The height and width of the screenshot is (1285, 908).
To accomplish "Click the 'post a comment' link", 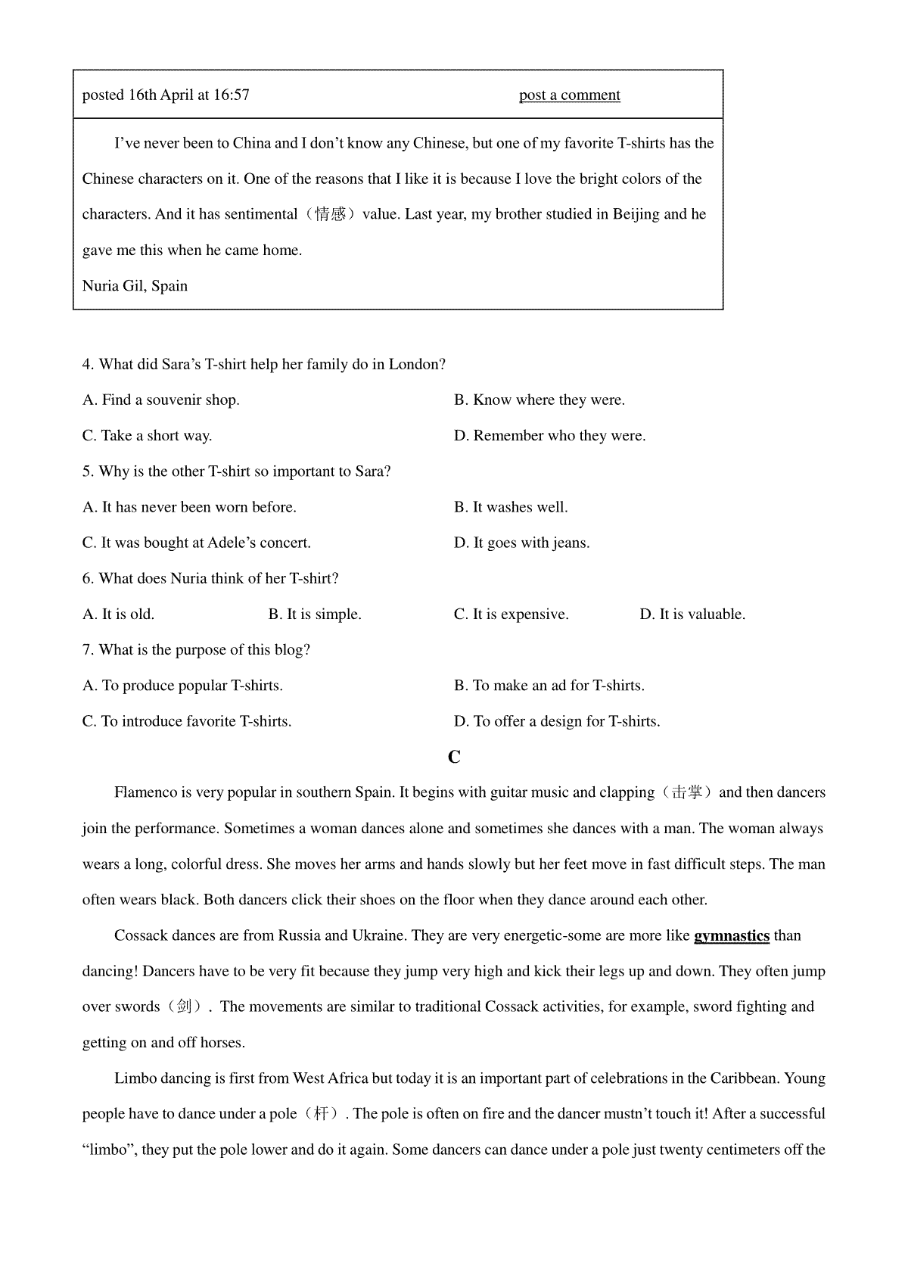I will click(569, 95).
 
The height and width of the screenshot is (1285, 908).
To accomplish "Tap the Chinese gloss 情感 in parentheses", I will click(331, 214).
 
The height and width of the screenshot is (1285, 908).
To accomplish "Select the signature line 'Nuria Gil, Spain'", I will click(135, 286).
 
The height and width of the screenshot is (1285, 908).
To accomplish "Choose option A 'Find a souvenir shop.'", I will click(161, 400).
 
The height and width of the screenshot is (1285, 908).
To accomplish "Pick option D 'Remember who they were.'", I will click(550, 436).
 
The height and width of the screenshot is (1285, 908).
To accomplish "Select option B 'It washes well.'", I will click(511, 507).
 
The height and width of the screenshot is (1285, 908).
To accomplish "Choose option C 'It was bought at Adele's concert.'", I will click(197, 543).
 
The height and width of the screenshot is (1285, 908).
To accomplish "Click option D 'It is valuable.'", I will click(692, 614).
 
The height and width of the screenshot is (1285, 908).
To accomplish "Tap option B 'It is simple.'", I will click(315, 614).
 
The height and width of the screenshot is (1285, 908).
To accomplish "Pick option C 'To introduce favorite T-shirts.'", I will click(187, 722).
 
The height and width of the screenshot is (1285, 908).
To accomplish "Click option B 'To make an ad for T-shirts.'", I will click(549, 686).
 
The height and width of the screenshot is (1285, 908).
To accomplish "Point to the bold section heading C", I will click(454, 758).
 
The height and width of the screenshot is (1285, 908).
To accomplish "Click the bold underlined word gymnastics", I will click(731, 936).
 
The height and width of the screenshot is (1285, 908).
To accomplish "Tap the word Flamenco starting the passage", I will click(145, 793).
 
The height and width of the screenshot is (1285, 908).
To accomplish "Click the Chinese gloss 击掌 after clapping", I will click(687, 793).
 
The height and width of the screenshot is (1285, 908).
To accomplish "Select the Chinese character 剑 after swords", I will click(183, 1007).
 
